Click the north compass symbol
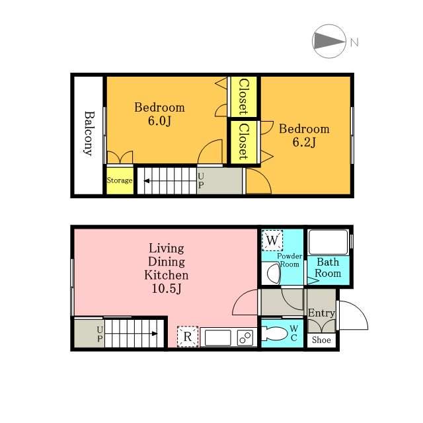click(329, 41)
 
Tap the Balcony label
click(89, 134)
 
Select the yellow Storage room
click(120, 180)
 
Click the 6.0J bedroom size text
click(159, 120)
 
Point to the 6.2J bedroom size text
click(304, 142)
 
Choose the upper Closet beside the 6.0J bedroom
click(244, 96)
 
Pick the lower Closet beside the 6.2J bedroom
click(244, 142)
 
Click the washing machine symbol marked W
click(272, 240)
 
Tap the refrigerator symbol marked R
click(188, 336)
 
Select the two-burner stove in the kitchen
click(245, 337)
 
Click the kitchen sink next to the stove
click(218, 338)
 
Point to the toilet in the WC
click(274, 334)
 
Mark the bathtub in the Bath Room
click(328, 242)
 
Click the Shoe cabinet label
click(321, 340)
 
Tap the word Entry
click(322, 313)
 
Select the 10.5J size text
click(167, 289)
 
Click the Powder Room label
click(289, 260)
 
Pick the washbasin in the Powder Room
click(272, 273)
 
